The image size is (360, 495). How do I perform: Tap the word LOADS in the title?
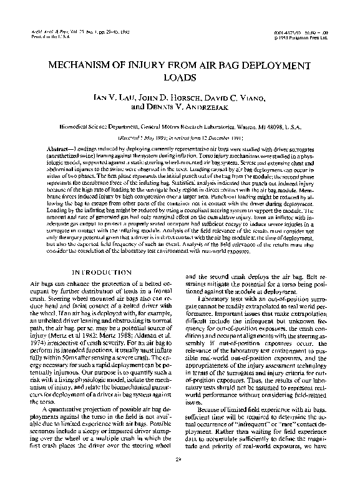[180, 79]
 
